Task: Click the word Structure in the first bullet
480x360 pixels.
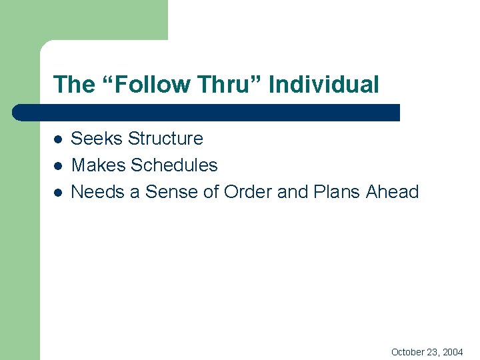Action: point(165,139)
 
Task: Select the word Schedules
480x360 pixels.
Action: point(174,165)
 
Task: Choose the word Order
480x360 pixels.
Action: point(248,192)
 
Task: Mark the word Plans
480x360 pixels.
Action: point(337,192)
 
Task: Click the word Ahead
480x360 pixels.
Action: point(392,192)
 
